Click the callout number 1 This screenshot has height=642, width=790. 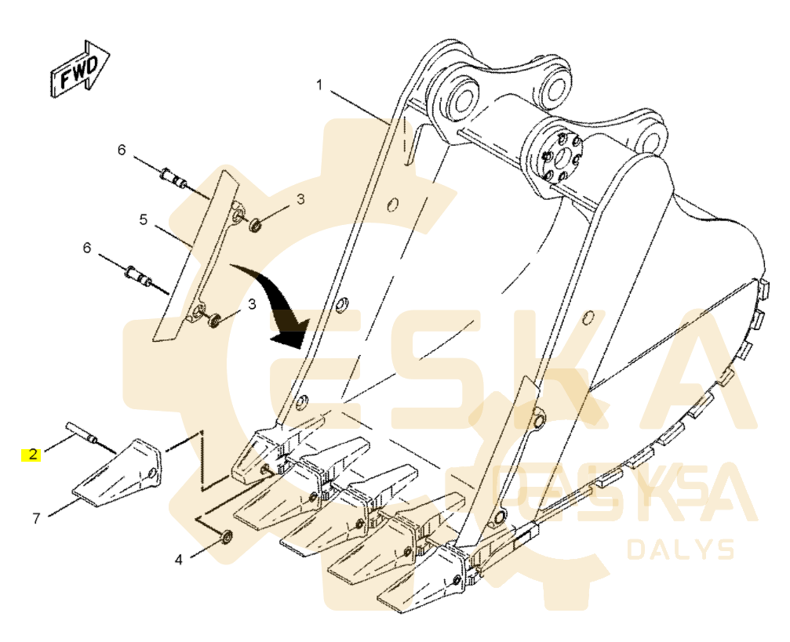point(319,85)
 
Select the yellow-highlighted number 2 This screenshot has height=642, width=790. point(32,454)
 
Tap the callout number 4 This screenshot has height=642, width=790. point(179,560)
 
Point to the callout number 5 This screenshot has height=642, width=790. point(144,220)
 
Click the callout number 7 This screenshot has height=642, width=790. point(36,518)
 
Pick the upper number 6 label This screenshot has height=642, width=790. point(122,149)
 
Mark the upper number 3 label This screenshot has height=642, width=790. point(300,200)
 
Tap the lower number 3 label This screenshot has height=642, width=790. point(252,303)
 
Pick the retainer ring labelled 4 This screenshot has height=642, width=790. point(226,536)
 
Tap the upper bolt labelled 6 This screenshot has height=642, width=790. point(174,180)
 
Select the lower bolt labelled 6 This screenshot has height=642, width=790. point(139,277)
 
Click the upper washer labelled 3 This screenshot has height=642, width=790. point(255,227)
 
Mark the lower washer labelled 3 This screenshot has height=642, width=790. point(213,321)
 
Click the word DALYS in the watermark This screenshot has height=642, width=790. point(679,550)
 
